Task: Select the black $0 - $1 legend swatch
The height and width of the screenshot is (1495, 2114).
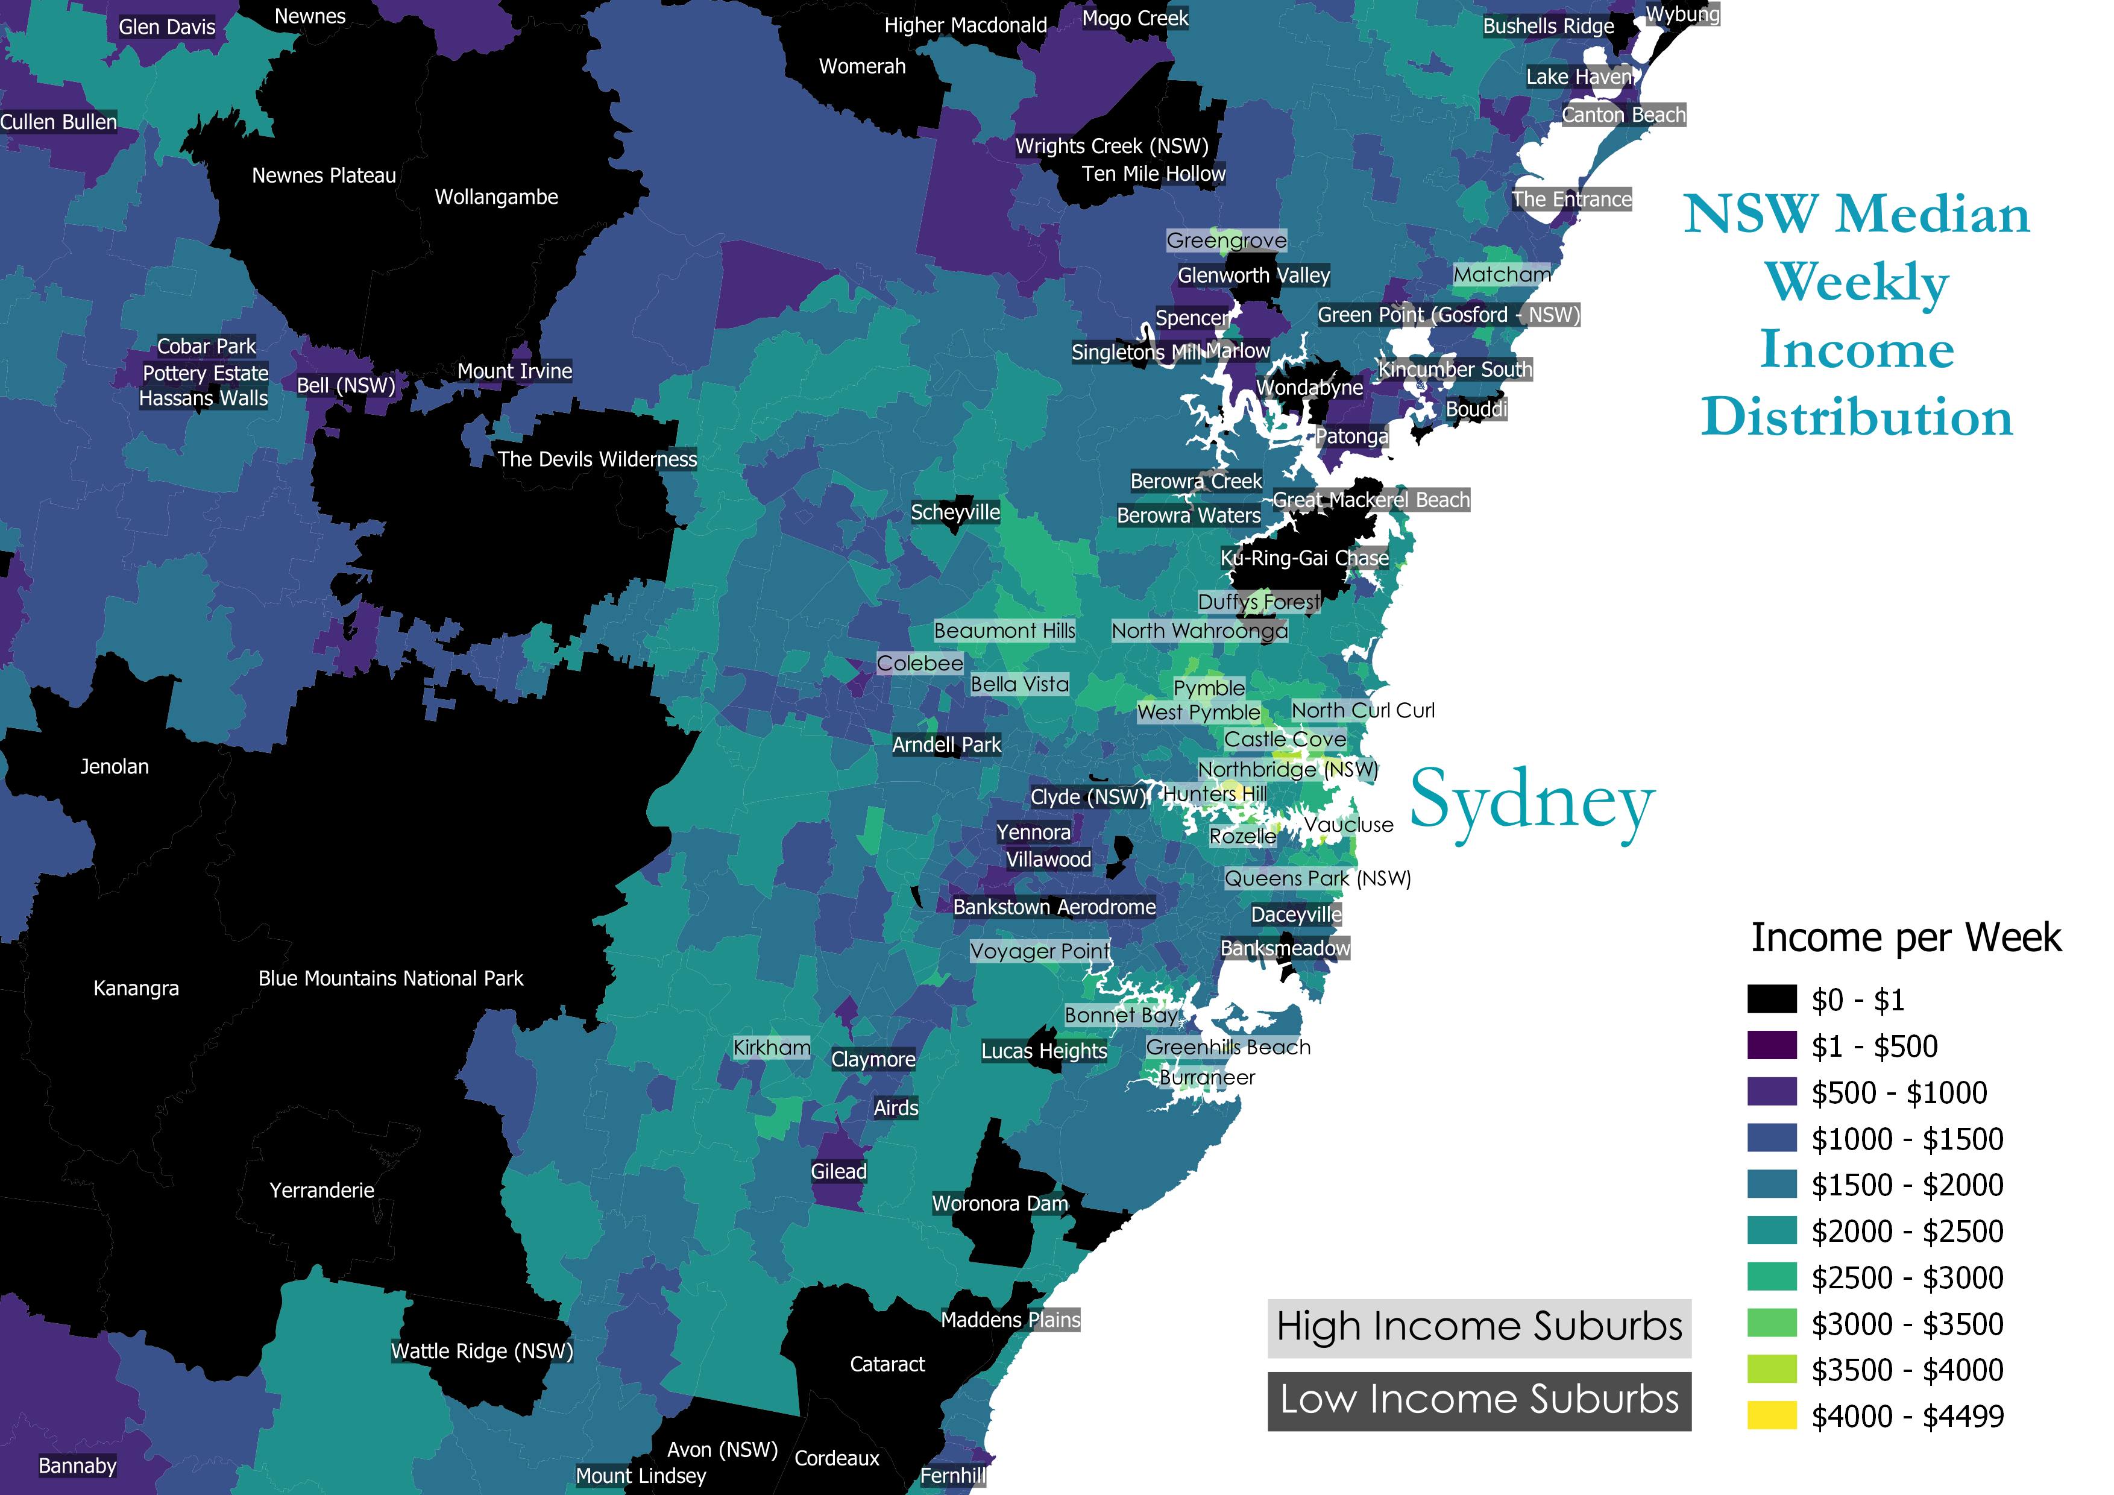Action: [1772, 999]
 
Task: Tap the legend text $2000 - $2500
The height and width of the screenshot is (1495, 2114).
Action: [1907, 1231]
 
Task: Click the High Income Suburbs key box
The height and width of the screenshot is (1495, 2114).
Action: [1479, 1327]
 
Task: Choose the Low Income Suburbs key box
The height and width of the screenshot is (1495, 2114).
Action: [1479, 1399]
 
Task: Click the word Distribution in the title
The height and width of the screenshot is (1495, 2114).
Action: [1856, 417]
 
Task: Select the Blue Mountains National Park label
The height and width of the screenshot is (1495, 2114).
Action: [391, 978]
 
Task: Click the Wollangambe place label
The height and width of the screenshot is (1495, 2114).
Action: [496, 197]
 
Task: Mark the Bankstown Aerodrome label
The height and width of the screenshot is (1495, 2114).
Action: [1054, 907]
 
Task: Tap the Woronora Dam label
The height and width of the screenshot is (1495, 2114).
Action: [1000, 1203]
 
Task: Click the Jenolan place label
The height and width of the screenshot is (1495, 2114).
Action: [114, 767]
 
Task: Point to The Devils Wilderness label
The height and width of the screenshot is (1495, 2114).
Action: [597, 459]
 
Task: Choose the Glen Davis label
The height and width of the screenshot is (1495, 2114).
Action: [166, 27]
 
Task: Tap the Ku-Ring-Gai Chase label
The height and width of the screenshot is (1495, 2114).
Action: [1304, 558]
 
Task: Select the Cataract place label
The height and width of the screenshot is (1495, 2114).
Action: [887, 1364]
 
